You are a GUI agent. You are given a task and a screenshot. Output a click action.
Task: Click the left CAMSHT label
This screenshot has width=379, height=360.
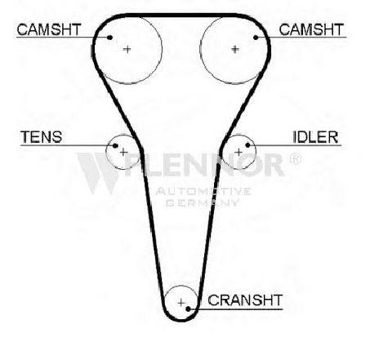tap(49, 29)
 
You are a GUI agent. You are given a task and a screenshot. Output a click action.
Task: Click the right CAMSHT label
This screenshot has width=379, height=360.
tap(311, 29)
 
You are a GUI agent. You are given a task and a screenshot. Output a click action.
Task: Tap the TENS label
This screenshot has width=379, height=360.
tap(42, 137)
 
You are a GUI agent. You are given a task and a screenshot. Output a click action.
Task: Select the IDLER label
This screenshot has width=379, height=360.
tap(315, 137)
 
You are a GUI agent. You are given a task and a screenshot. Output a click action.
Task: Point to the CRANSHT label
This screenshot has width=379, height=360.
tap(245, 300)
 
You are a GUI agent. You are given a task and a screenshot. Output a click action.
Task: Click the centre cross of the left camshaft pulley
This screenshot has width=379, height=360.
tap(127, 49)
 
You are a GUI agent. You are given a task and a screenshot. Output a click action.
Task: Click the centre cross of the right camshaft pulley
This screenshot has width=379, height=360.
tap(235, 49)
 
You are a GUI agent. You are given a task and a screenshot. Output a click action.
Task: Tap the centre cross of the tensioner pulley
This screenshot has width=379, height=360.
tap(123, 152)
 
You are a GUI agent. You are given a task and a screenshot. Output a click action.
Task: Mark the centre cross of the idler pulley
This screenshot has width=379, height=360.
tap(239, 152)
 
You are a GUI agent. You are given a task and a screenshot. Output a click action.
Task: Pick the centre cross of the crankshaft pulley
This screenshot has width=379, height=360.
tap(181, 303)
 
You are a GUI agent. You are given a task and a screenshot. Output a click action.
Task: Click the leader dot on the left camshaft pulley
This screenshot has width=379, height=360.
tap(109, 38)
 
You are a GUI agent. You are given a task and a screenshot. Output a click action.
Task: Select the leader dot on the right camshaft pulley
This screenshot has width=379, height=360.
tap(256, 38)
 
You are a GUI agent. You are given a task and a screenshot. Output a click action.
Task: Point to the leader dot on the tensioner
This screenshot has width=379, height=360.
tap(115, 146)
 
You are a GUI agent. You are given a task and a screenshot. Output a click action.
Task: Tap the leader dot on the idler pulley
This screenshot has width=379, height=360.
tap(247, 145)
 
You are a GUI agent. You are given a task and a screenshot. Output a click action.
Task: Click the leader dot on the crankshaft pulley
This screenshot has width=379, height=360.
tap(188, 309)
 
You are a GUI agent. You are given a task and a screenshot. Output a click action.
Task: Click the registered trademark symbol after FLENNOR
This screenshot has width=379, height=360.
tap(295, 159)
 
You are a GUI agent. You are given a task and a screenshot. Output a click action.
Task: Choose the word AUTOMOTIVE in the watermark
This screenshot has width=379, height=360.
tap(203, 191)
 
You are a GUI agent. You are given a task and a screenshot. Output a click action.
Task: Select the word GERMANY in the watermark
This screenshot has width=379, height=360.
tap(202, 202)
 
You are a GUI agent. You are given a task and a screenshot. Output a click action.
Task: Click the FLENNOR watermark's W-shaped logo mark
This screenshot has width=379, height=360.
tap(99, 173)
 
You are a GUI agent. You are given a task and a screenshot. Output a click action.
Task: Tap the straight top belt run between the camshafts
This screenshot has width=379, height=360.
tap(181, 16)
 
